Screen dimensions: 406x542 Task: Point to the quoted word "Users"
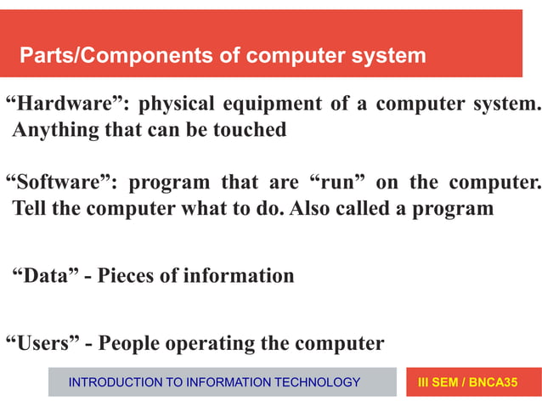pyautogui.click(x=48, y=343)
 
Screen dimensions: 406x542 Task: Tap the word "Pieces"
pyautogui.click(x=133, y=276)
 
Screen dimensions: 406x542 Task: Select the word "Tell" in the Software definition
pyautogui.click(x=31, y=209)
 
